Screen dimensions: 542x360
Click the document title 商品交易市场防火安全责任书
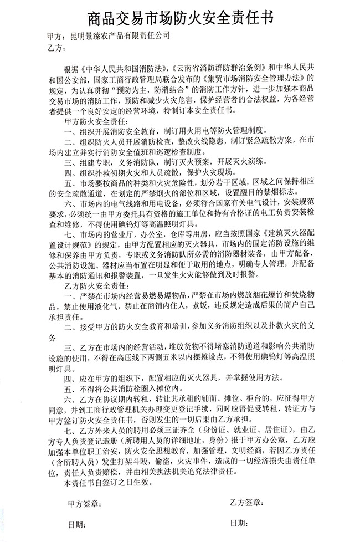(x=181, y=19)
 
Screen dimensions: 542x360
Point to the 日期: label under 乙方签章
(x=239, y=524)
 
